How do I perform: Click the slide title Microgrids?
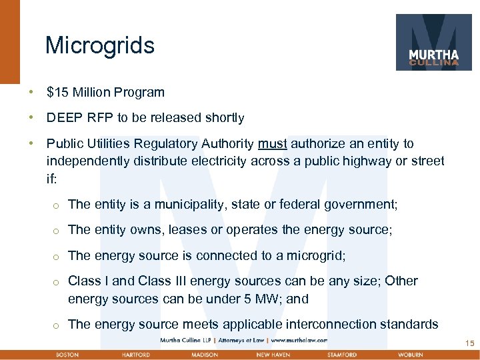[100, 46]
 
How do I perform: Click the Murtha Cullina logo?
[433, 42]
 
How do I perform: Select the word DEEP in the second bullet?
[63, 118]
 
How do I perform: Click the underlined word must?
[272, 143]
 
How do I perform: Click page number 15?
[469, 343]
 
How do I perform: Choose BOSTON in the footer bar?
[67, 355]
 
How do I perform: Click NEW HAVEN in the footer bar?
[273, 355]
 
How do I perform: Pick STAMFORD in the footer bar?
[342, 355]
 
